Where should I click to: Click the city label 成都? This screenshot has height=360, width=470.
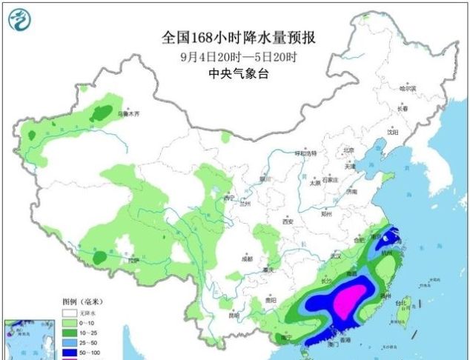[x=246, y=259]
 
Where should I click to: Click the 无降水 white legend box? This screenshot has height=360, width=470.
[x=68, y=313]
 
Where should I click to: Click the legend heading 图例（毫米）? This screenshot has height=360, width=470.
[x=82, y=302]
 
